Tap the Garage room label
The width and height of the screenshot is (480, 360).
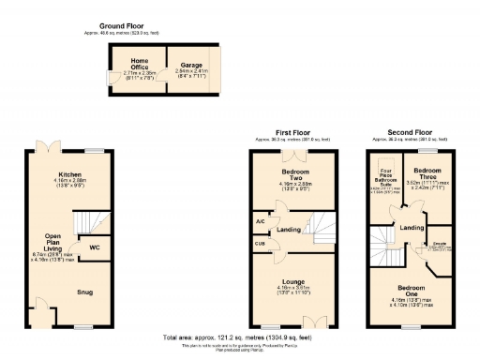[x=178, y=66]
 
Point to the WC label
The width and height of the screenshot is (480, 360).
[x=96, y=247]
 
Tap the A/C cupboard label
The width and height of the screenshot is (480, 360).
[x=260, y=221]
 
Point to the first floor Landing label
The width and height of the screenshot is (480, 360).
[x=290, y=230]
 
